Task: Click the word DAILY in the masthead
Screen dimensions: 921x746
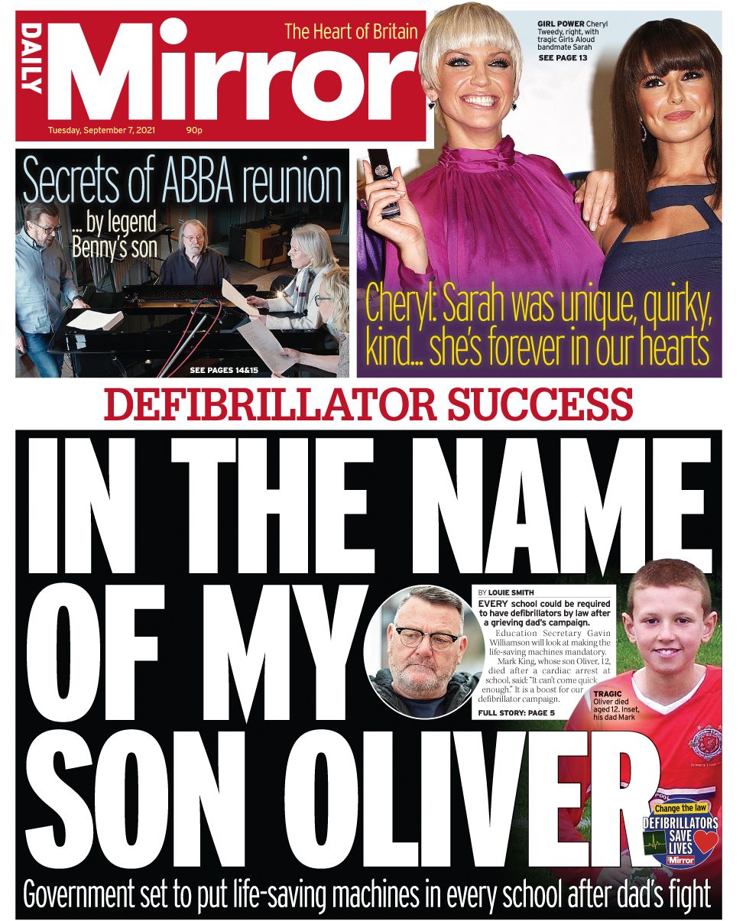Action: (x=32, y=59)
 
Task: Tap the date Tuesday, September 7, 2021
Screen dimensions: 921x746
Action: (x=102, y=130)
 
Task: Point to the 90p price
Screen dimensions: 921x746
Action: (x=193, y=130)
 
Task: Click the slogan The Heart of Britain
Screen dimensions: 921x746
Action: (x=351, y=31)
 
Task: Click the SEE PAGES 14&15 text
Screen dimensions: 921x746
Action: (x=224, y=370)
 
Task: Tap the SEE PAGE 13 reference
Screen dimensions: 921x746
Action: (x=563, y=58)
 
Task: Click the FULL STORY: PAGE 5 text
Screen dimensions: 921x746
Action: (x=516, y=713)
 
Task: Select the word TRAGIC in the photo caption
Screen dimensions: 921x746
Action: (x=608, y=693)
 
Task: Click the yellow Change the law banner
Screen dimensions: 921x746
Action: (x=680, y=808)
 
